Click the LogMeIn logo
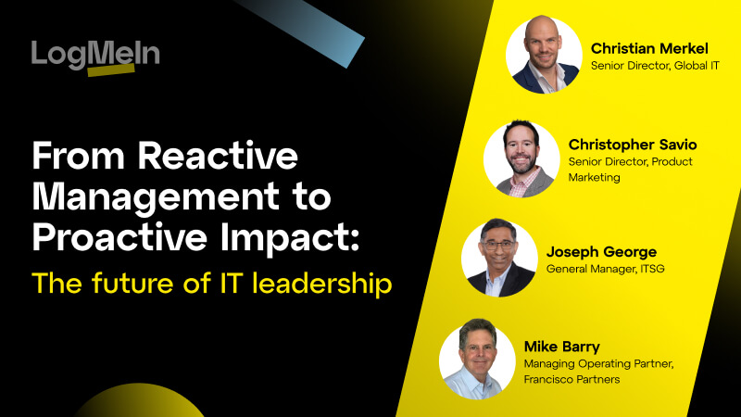coord(95,56)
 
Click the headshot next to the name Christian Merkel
coord(544,55)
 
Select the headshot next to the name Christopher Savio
coord(521,158)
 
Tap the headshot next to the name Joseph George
coord(499,259)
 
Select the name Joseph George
coord(603,251)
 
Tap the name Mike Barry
coord(562,347)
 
